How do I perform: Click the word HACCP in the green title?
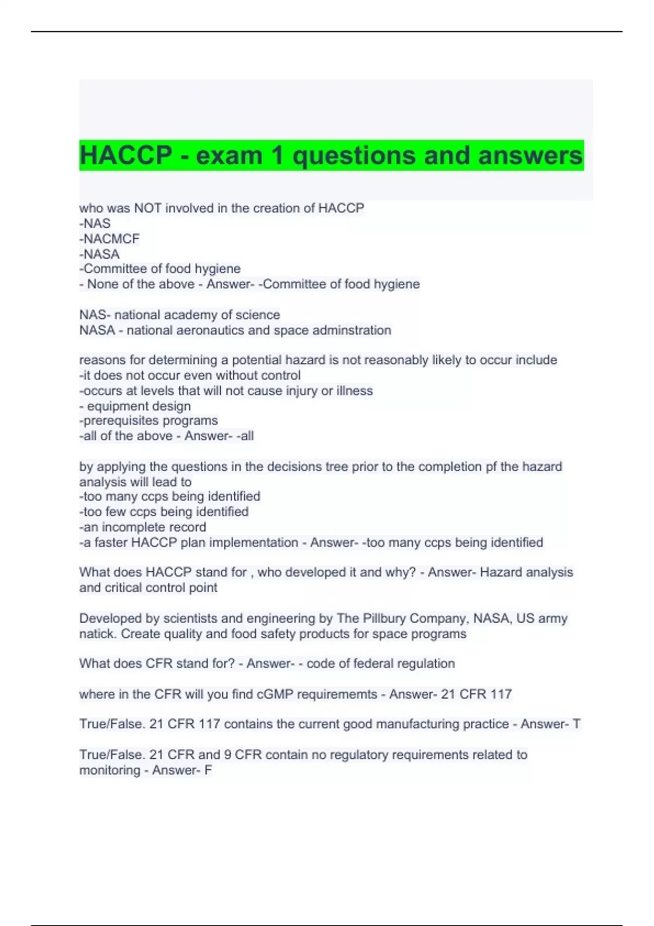(x=125, y=156)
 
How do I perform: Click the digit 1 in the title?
(x=277, y=156)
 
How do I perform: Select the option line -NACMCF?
(x=110, y=239)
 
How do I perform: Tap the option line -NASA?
(x=100, y=254)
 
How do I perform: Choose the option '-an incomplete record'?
(x=143, y=527)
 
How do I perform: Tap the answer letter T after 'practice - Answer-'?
(x=576, y=724)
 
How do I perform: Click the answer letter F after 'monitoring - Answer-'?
(x=208, y=770)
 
